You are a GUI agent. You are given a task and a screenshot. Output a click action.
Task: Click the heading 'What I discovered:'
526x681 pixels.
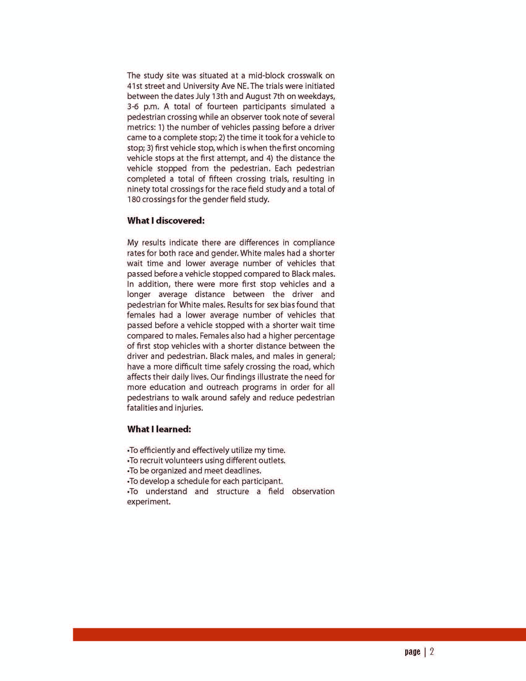pos(166,221)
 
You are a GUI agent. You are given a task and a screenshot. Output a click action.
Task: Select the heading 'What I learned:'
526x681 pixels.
pos(159,429)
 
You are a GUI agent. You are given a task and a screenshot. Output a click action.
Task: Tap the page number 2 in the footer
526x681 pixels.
pos(432,651)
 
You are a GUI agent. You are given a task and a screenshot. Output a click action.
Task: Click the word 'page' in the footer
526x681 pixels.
pos(412,652)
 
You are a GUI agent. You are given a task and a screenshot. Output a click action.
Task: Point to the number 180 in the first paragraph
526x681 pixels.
pos(133,199)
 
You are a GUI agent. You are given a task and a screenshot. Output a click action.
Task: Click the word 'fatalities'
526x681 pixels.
pos(142,408)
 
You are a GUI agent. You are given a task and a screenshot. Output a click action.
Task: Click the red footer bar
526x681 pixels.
pos(299,635)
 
